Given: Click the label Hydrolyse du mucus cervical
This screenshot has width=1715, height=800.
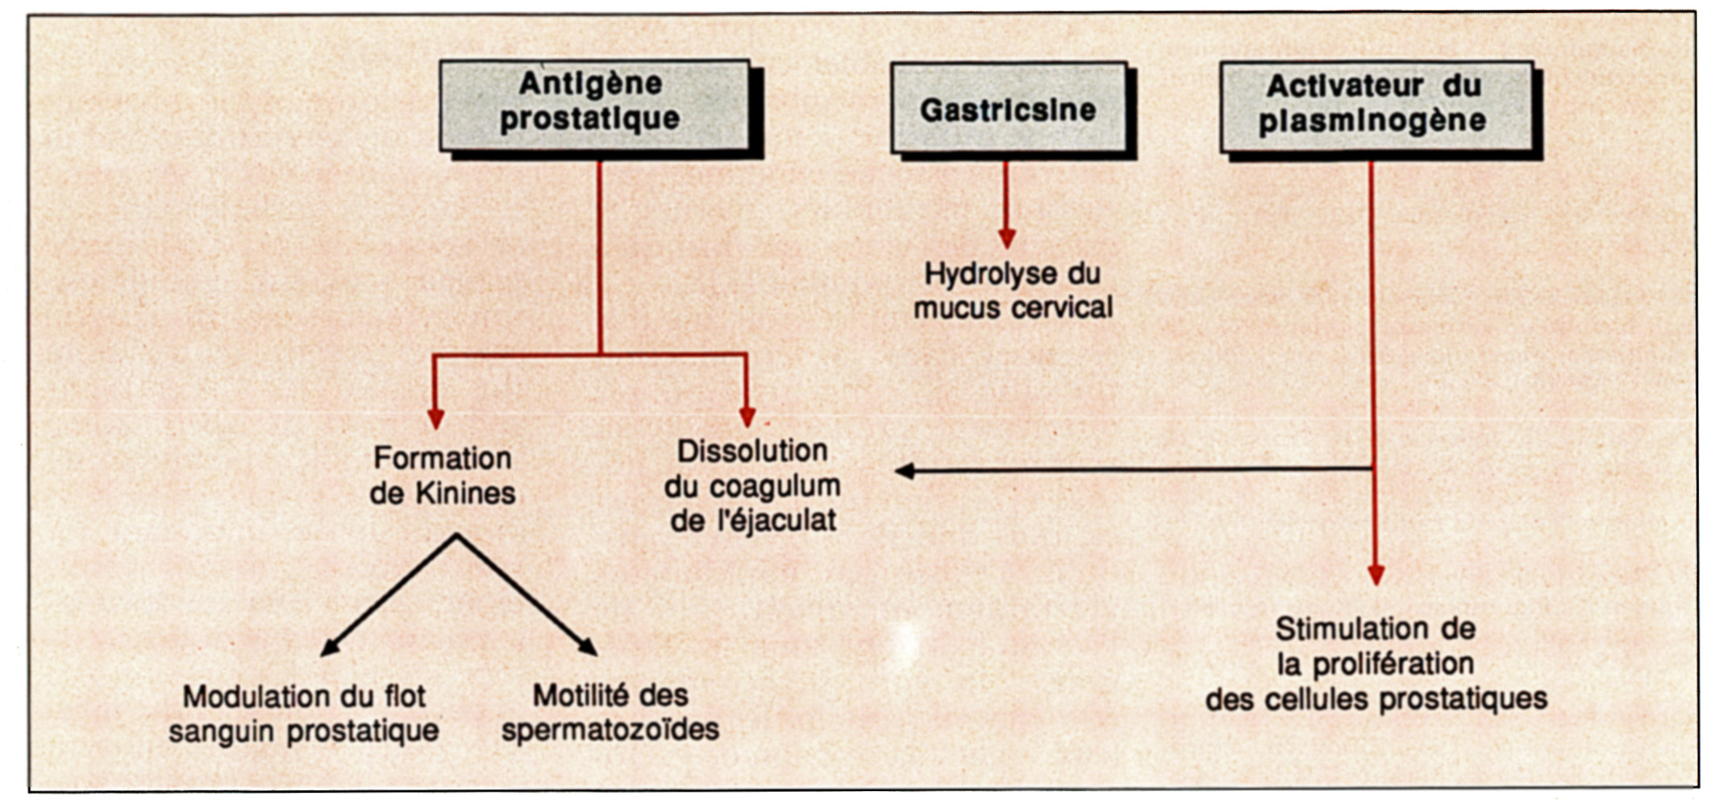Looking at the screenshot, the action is (1013, 290).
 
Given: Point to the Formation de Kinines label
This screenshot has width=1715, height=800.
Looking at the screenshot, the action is (443, 475).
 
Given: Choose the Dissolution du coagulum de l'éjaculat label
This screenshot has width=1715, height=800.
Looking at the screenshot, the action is (753, 485).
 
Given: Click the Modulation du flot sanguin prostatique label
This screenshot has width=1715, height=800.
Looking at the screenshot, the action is (304, 714).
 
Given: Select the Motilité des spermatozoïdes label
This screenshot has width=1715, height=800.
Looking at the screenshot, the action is (610, 713).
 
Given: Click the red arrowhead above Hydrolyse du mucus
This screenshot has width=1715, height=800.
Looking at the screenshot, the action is (1006, 239).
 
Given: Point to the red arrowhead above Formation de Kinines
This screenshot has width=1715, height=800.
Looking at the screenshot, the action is (435, 419).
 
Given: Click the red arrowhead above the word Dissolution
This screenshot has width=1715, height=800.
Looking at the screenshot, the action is (747, 416).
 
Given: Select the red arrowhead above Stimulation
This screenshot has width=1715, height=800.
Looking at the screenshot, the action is (1376, 575).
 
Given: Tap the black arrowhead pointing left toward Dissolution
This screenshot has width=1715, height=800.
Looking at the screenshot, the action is (905, 471).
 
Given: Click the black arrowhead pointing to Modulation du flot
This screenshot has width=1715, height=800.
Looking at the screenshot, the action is (330, 647).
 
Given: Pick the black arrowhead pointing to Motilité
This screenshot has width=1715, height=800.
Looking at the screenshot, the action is (588, 646).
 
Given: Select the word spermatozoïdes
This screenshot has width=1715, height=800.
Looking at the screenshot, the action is (610, 730).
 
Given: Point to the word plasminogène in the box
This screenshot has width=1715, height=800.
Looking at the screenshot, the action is (1373, 121).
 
